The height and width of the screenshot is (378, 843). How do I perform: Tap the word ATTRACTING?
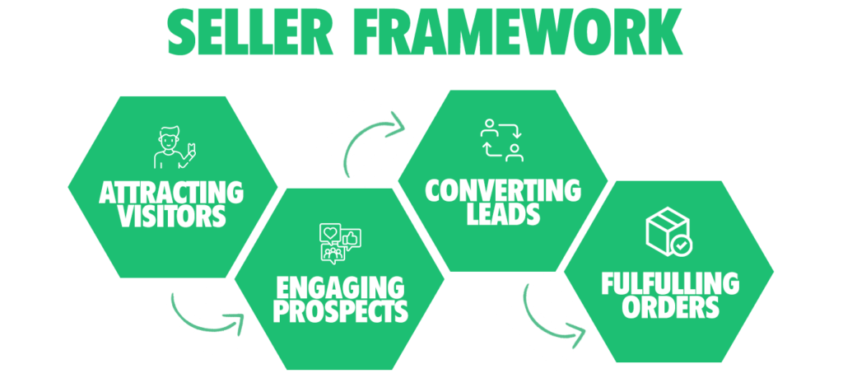click(171, 194)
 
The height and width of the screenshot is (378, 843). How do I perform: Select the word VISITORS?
click(171, 217)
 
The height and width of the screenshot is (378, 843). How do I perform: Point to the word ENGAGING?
click(340, 288)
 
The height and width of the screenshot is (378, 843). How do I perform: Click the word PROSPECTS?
click(340, 311)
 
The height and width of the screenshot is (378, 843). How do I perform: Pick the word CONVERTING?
click(503, 191)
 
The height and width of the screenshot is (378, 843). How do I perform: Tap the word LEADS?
click(503, 214)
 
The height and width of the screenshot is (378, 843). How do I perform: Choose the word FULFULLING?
click(669, 284)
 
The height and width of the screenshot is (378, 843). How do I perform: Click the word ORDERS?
click(669, 307)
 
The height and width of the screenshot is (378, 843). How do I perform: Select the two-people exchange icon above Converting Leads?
click(502, 140)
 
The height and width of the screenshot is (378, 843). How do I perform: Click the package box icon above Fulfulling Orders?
click(668, 233)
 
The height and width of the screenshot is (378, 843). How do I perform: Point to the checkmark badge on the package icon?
click(681, 245)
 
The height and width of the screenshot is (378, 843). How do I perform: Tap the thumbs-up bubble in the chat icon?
click(351, 238)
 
